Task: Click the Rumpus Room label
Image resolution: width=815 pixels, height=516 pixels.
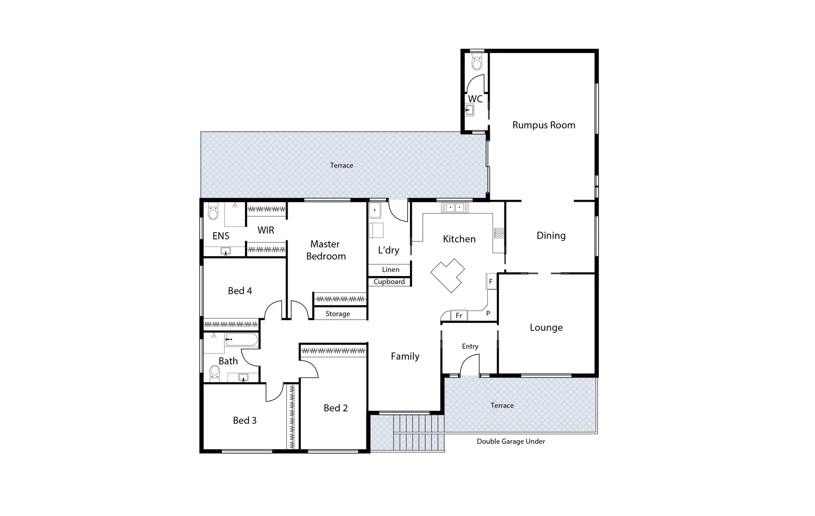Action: point(544,125)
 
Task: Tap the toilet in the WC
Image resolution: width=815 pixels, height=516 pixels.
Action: point(477,63)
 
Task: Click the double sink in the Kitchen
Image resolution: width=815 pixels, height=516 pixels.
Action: point(455,207)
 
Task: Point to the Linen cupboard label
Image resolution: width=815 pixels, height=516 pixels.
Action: point(390,269)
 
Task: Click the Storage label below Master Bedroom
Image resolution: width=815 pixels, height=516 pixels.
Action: point(338,314)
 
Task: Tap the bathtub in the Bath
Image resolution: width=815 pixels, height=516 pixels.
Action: point(242,340)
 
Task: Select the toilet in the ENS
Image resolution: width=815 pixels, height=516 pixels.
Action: point(213,212)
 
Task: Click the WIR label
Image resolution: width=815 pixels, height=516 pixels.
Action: point(266,230)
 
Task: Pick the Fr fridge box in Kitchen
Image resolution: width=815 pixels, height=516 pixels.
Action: point(459,315)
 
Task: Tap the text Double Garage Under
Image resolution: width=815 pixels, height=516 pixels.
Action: point(511,441)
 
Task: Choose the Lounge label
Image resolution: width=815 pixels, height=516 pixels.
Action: point(546,328)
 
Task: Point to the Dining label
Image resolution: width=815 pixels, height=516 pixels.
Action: point(551,236)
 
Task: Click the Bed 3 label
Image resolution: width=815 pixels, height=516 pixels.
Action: point(245,420)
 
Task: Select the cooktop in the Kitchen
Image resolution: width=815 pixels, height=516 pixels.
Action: point(498,233)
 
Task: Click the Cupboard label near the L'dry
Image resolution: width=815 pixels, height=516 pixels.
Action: point(389,282)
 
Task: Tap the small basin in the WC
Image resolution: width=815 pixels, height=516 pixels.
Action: point(469,110)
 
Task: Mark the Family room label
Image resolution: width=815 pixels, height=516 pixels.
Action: point(405,356)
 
